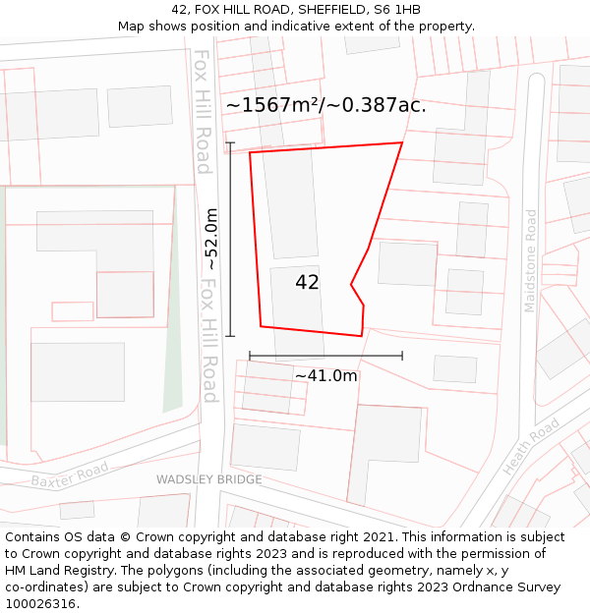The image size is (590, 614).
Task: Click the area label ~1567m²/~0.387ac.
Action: (x=325, y=105)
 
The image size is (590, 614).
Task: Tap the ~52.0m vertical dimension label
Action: (x=211, y=240)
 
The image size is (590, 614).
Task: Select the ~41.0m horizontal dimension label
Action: (x=325, y=375)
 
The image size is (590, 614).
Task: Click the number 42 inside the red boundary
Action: (x=307, y=282)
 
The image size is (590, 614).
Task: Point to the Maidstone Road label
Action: (x=531, y=260)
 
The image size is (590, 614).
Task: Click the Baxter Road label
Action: (x=69, y=475)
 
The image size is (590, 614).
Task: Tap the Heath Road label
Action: (x=531, y=447)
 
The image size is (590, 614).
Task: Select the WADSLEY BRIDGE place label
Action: (x=209, y=479)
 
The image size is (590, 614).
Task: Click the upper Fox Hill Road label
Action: (x=203, y=111)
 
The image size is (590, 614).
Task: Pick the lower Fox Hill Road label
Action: (x=208, y=339)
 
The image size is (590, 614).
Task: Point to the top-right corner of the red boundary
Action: (x=402, y=142)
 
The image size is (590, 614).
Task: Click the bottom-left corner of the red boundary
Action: (x=261, y=326)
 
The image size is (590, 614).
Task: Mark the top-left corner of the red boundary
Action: (x=250, y=152)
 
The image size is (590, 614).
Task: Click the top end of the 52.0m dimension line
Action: (x=230, y=143)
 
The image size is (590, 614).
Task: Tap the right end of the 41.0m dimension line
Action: (x=402, y=356)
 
